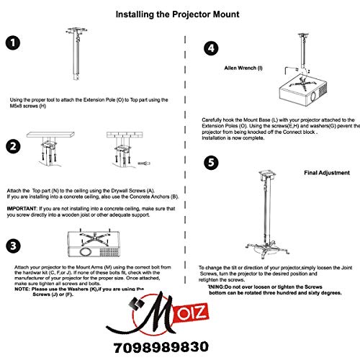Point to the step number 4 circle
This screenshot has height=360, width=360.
pyautogui.click(x=211, y=50)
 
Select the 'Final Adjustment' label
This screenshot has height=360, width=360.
pyautogui.click(x=326, y=173)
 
